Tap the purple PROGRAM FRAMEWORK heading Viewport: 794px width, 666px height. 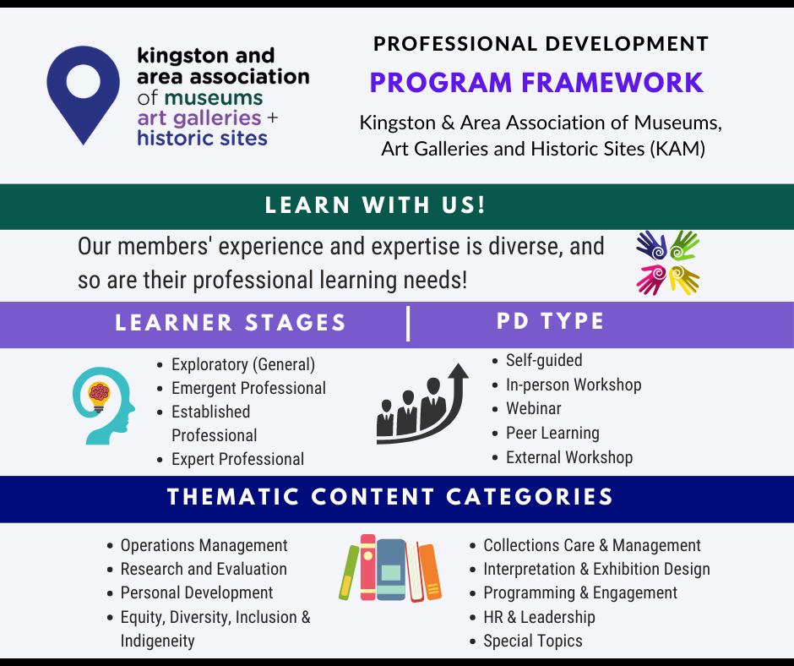pyautogui.click(x=536, y=83)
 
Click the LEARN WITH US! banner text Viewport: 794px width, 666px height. pyautogui.click(x=375, y=205)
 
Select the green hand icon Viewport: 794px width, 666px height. pyautogui.click(x=685, y=245)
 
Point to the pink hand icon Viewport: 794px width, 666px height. pyautogui.click(x=651, y=280)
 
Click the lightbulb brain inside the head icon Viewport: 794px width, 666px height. pyautogui.click(x=99, y=396)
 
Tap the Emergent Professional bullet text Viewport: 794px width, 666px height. pyautogui.click(x=248, y=388)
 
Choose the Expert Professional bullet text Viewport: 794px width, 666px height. pyautogui.click(x=237, y=459)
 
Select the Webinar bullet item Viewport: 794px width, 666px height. pyautogui.click(x=533, y=408)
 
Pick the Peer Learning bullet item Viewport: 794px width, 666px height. pyautogui.click(x=552, y=434)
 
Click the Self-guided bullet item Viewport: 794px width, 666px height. pyautogui.click(x=544, y=360)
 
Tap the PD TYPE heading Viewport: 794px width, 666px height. pyautogui.click(x=551, y=321)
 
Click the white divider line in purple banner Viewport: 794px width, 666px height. pyautogui.click(x=408, y=324)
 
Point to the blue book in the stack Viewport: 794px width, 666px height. pyautogui.click(x=391, y=570)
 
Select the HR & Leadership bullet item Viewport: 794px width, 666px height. pyautogui.click(x=539, y=617)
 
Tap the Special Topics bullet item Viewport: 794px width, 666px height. pyautogui.click(x=533, y=641)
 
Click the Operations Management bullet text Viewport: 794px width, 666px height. pyautogui.click(x=204, y=545)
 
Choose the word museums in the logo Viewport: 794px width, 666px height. pyautogui.click(x=213, y=98)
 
